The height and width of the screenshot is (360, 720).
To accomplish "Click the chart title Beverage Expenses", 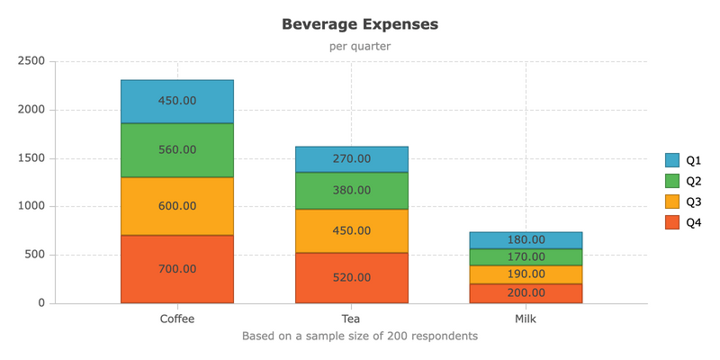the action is click(360, 24).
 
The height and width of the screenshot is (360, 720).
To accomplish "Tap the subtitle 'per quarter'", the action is click(360, 47).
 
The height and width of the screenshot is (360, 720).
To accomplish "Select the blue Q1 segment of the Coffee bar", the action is click(177, 102).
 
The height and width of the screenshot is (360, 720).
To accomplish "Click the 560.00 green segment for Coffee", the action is click(177, 150).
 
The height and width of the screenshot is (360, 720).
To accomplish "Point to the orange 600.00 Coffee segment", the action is click(177, 206).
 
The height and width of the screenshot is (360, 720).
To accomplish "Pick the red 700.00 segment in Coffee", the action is click(177, 269).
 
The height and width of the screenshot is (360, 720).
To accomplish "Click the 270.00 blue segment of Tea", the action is click(352, 159).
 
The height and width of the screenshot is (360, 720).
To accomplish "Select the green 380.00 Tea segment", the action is click(352, 191).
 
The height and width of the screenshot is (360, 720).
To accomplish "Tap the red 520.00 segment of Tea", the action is click(352, 278).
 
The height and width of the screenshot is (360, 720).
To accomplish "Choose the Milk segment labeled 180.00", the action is click(526, 240).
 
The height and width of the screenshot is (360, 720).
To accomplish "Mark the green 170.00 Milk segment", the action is click(526, 257).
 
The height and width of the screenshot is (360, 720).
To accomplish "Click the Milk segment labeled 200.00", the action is click(526, 293).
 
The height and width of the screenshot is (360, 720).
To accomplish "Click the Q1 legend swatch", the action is click(671, 160).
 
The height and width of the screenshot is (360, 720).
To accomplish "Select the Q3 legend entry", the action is click(683, 202).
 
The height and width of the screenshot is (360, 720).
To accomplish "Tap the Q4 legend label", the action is click(694, 222).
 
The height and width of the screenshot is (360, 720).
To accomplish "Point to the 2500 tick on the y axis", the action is click(31, 61).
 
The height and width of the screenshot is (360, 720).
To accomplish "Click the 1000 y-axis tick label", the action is click(31, 207).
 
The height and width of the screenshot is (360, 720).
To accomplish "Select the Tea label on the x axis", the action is click(351, 319).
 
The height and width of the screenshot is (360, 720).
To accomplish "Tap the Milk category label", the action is click(526, 319).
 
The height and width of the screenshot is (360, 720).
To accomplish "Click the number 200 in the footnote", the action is click(395, 336).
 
